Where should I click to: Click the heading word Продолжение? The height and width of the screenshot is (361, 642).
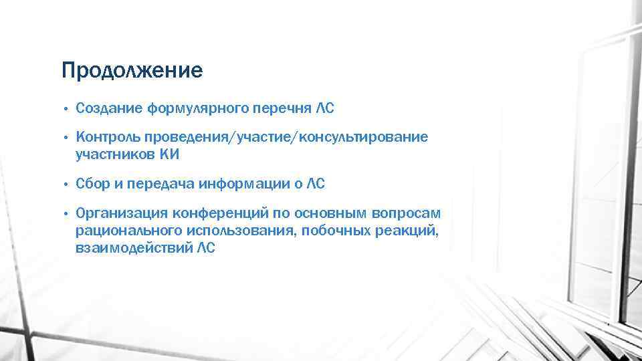[x=131, y=71]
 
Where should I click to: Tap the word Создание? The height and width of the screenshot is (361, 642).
[x=108, y=108]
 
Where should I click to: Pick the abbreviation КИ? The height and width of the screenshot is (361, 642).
[x=170, y=154]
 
